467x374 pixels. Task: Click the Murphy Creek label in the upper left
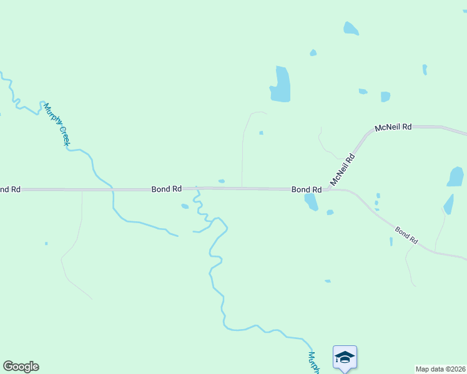pyautogui.click(x=56, y=125)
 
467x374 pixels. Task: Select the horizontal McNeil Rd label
pyautogui.click(x=393, y=127)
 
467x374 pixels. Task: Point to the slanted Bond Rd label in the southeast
pyautogui.click(x=406, y=234)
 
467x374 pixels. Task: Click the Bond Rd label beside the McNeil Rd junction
pyautogui.click(x=307, y=189)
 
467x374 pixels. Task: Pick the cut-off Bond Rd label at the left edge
pyautogui.click(x=10, y=189)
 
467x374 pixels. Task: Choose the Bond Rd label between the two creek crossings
pyautogui.click(x=167, y=188)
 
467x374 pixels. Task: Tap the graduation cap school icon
pyautogui.click(x=345, y=357)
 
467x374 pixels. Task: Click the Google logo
pyautogui.click(x=21, y=367)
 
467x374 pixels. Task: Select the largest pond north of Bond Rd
pyautogui.click(x=280, y=84)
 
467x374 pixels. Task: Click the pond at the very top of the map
pyautogui.click(x=351, y=29)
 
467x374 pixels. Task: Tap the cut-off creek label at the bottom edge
pyautogui.click(x=314, y=363)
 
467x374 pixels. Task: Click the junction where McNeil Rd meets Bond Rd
pyautogui.click(x=327, y=188)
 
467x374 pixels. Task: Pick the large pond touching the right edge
pyautogui.click(x=456, y=176)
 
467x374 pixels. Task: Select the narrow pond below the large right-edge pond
pyautogui.click(x=448, y=204)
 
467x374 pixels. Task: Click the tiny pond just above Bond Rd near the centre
pyautogui.click(x=222, y=181)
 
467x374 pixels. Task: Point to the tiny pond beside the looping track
pyautogui.click(x=261, y=133)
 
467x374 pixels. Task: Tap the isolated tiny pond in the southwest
pyautogui.click(x=46, y=244)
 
